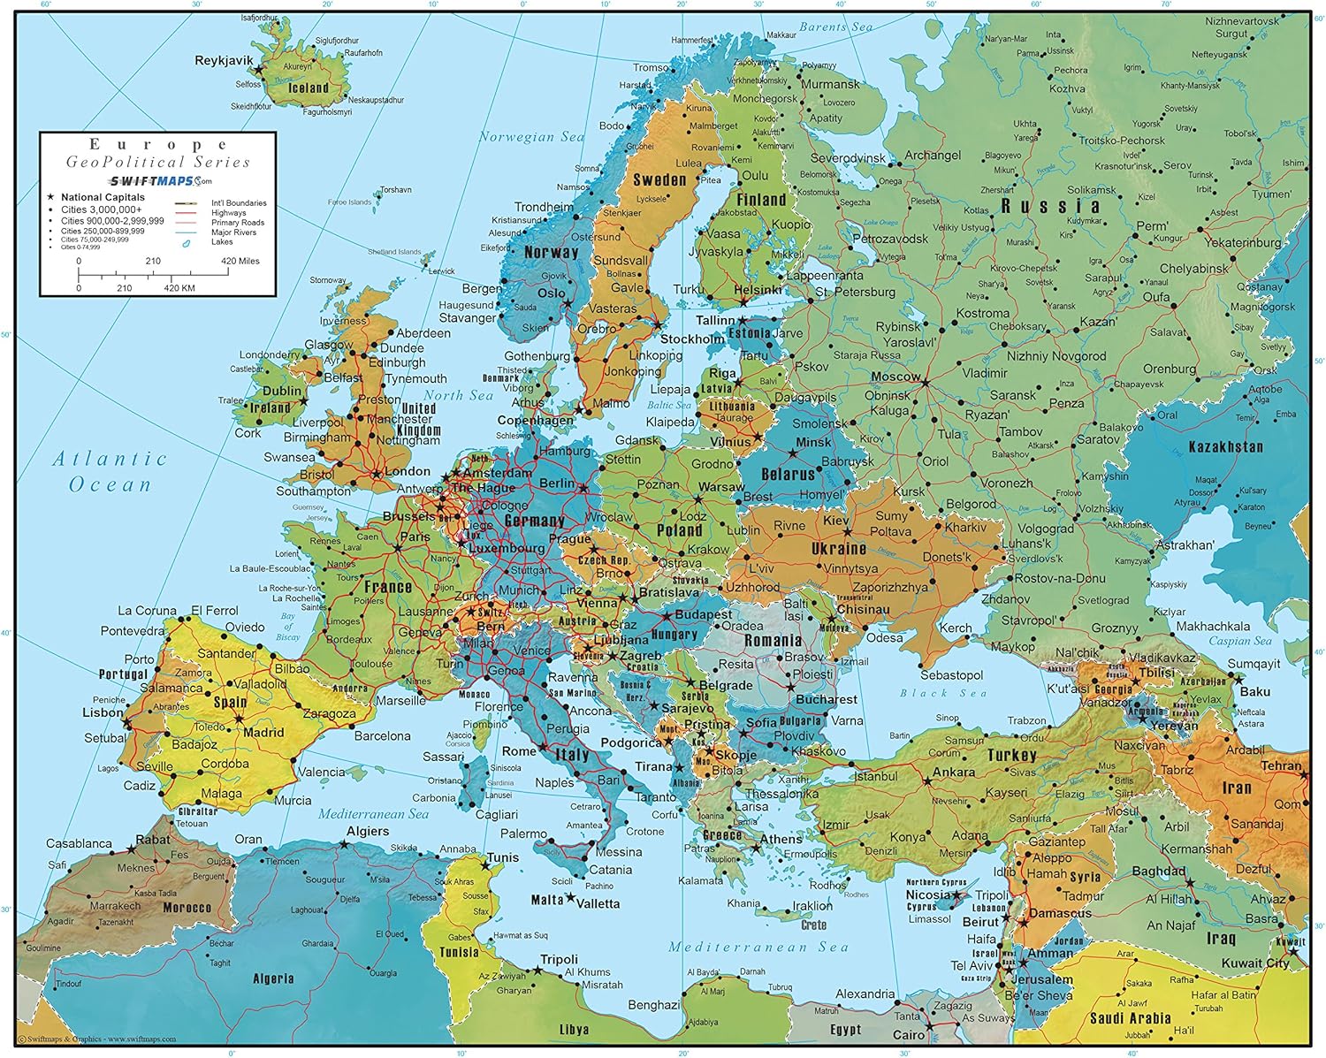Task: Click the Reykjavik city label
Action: point(224,61)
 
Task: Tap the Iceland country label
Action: point(309,88)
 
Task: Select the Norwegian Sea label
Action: point(531,137)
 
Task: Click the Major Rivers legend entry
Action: point(233,232)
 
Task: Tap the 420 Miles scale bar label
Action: point(240,262)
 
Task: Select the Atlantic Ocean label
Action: point(110,471)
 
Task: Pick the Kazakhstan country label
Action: point(1225,447)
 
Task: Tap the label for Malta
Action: point(546,900)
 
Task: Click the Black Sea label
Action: point(943,693)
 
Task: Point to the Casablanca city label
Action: point(79,843)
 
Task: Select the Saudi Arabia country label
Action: point(1130,1018)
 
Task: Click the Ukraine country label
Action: point(839,549)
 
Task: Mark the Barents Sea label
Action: point(835,27)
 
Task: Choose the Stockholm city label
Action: point(692,339)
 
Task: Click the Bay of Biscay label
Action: point(287,626)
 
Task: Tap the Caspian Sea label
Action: point(1240,641)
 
